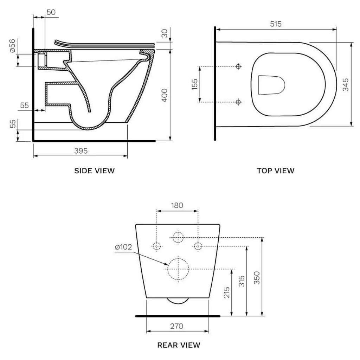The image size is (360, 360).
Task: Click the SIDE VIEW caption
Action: click(94, 171)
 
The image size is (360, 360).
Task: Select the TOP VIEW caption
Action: click(276, 171)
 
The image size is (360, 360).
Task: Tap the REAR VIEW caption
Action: click(179, 345)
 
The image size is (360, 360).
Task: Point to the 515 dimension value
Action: click(276, 24)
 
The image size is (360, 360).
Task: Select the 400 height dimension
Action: click(164, 95)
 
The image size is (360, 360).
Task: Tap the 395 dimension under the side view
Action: click(81, 150)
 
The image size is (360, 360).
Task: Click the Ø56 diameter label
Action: click(13, 46)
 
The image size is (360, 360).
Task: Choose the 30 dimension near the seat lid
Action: click(164, 34)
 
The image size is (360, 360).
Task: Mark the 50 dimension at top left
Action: click(51, 12)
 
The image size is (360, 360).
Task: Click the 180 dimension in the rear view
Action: click(177, 205)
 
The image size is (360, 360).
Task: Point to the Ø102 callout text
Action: click(123, 247)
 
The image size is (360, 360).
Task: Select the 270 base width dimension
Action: click(177, 326)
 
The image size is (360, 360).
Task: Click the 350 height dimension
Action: click(257, 278)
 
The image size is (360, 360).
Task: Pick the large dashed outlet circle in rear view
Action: click(178, 269)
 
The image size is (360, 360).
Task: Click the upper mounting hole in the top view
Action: click(238, 66)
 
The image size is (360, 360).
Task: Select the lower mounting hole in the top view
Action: click(238, 102)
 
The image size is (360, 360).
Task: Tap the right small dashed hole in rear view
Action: click(198, 246)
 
